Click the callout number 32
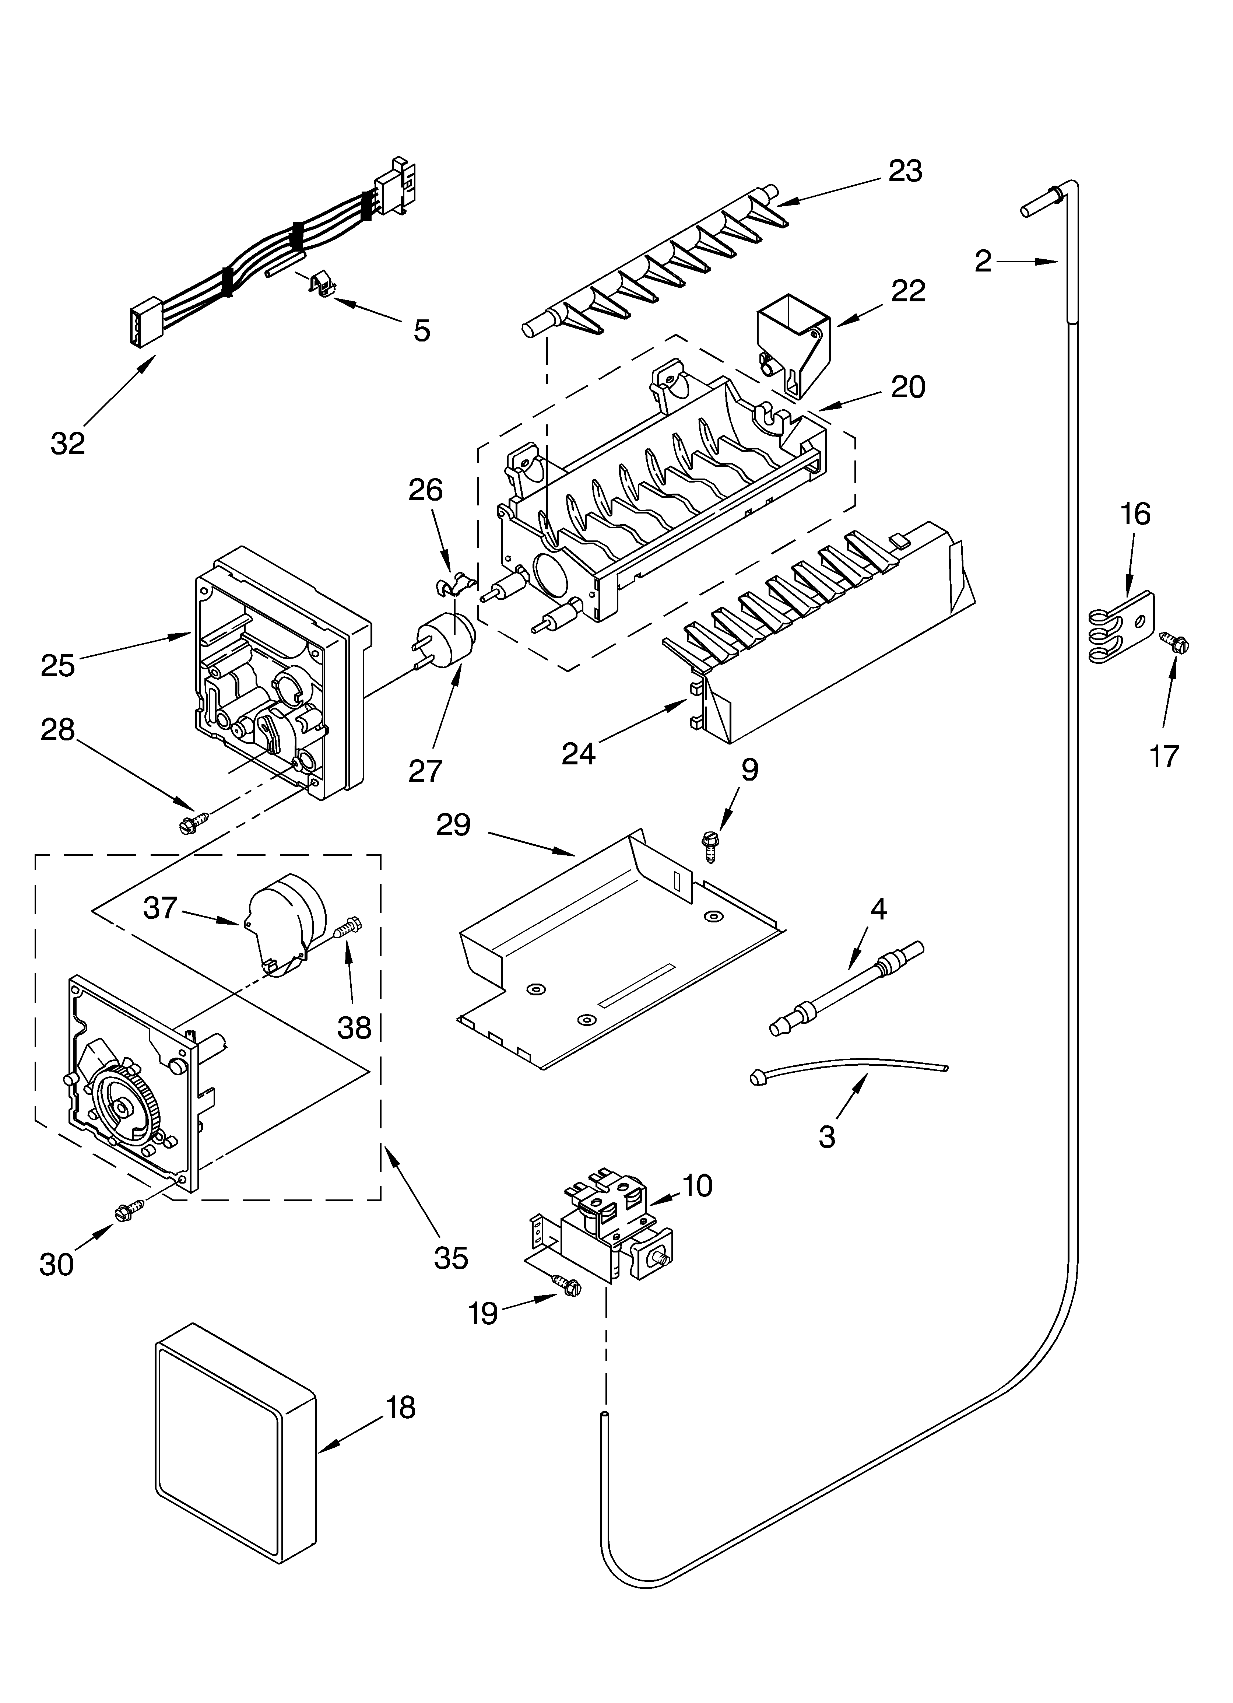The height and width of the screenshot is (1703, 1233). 68,444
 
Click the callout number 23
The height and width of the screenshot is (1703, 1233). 905,171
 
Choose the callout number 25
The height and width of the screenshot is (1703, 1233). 58,665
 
